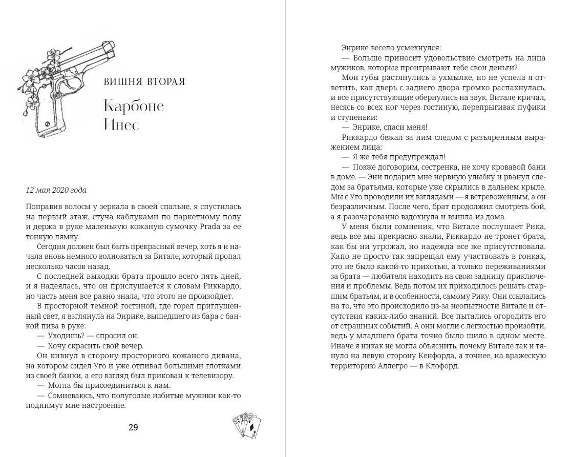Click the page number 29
coord(133,428)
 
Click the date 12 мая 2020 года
coord(56,190)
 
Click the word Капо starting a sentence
coord(341,254)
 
